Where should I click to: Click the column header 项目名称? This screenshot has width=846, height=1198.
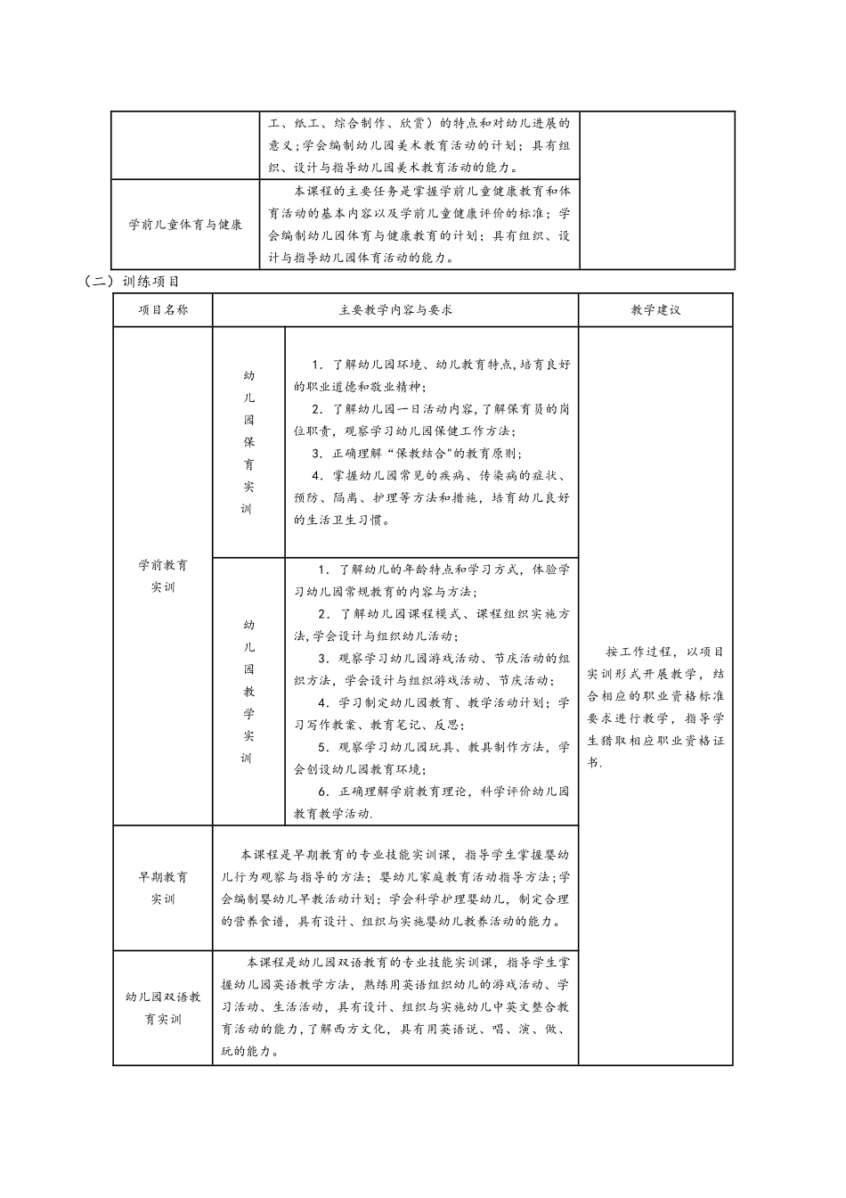pyautogui.click(x=163, y=310)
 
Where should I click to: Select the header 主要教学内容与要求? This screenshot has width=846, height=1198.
pyautogui.click(x=395, y=310)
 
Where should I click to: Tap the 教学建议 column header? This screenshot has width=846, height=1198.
pyautogui.click(x=655, y=310)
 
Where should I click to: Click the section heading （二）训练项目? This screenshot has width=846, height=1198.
pyautogui.click(x=132, y=281)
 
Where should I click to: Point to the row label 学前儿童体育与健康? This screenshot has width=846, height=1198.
pyautogui.click(x=185, y=225)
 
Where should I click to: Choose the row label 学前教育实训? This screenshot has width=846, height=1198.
pyautogui.click(x=163, y=576)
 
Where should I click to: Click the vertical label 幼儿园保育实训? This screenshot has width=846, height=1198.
pyautogui.click(x=248, y=442)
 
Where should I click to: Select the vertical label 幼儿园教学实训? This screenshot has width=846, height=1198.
pyautogui.click(x=248, y=691)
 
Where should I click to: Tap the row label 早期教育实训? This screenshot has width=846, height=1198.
pyautogui.click(x=163, y=888)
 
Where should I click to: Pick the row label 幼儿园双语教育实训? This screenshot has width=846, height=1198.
pyautogui.click(x=163, y=1007)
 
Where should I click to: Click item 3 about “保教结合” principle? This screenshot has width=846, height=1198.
pyautogui.click(x=419, y=454)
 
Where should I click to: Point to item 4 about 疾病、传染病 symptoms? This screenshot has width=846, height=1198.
pyautogui.click(x=431, y=487)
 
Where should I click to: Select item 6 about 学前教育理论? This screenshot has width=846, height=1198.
pyautogui.click(x=431, y=802)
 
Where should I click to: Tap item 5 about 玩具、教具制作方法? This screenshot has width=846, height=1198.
pyautogui.click(x=431, y=758)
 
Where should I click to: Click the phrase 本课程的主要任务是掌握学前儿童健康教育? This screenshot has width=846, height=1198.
pyautogui.click(x=419, y=191)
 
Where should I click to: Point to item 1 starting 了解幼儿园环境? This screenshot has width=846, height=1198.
pyautogui.click(x=431, y=375)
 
